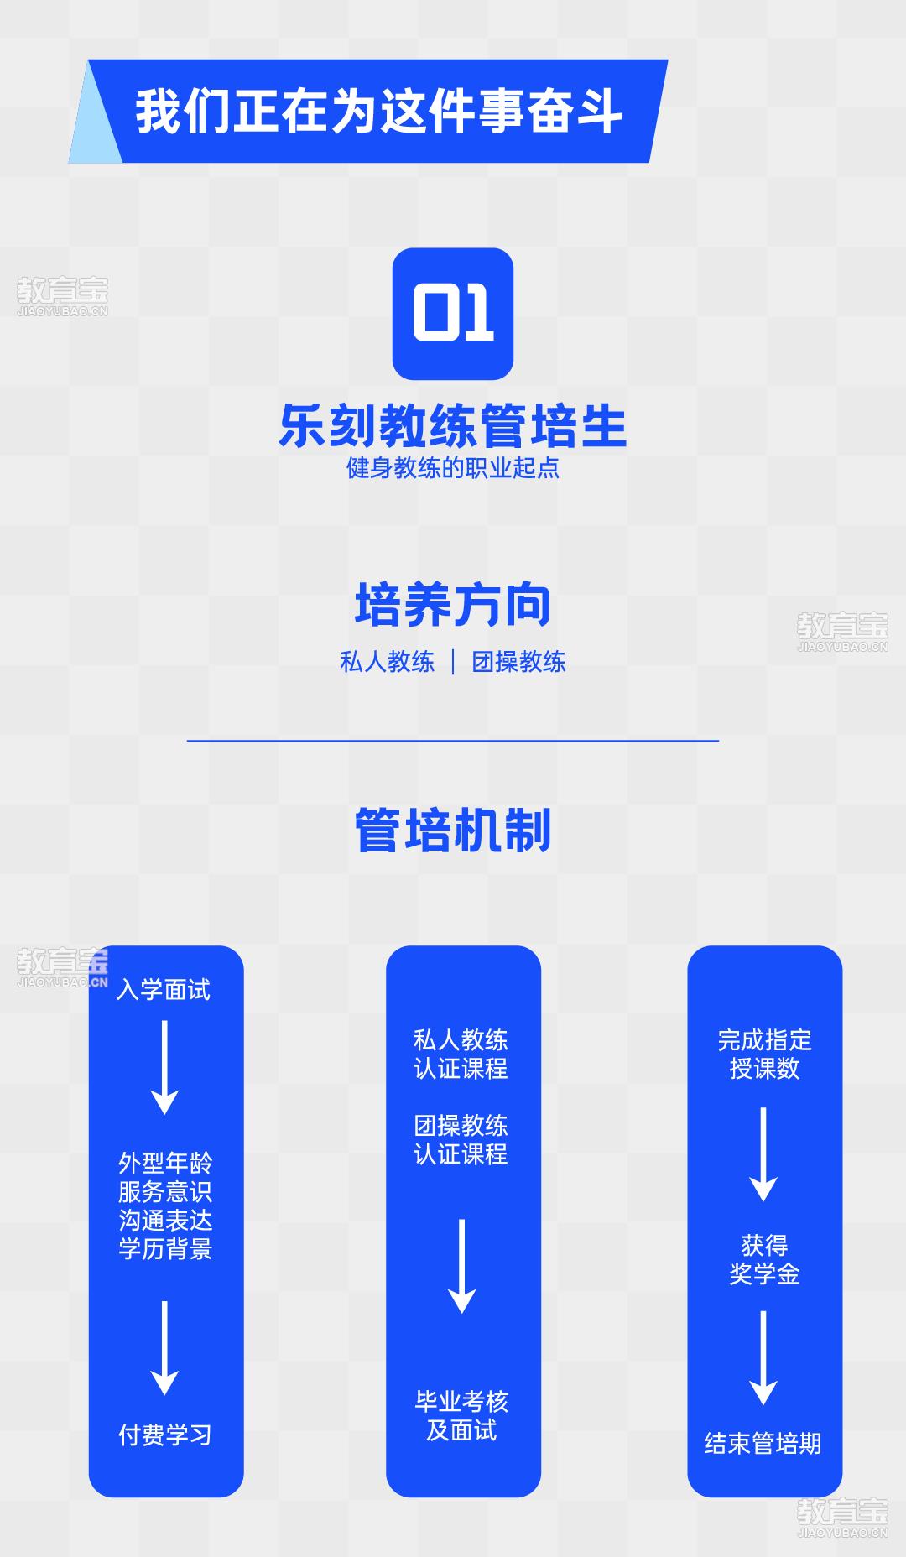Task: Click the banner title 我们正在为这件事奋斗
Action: point(378,112)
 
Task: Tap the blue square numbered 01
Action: point(453,314)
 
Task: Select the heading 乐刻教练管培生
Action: point(453,426)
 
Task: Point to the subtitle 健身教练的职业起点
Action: point(453,468)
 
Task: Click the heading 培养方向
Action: point(453,605)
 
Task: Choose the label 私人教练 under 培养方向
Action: point(388,662)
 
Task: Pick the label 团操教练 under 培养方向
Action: point(518,662)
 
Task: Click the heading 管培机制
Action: point(453,831)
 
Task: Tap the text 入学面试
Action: point(164,990)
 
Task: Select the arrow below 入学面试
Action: point(164,1067)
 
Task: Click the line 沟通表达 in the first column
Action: point(165,1221)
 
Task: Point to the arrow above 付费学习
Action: point(164,1348)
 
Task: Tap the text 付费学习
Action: point(165,1435)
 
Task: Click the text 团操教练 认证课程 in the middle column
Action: point(461,1140)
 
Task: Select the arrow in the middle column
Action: point(461,1266)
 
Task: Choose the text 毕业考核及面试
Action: point(461,1416)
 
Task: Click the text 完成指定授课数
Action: point(764,1054)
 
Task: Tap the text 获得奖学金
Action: point(764,1260)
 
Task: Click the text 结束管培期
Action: point(763,1444)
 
